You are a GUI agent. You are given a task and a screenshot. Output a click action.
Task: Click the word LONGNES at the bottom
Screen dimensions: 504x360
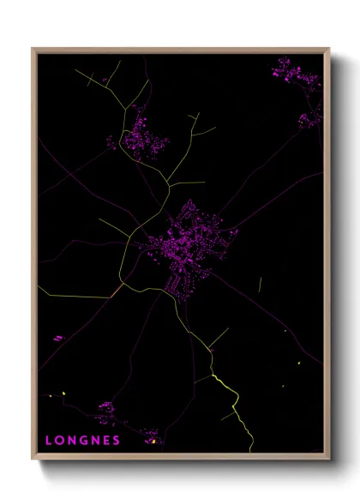point(82,441)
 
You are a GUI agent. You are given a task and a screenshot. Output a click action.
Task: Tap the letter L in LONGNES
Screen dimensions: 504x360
point(48,441)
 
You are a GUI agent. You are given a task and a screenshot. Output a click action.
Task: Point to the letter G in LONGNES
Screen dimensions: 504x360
point(82,441)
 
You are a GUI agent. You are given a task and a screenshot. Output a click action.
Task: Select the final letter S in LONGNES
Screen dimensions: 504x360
point(117,441)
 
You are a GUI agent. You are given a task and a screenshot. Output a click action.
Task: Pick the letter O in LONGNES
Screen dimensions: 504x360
point(59,441)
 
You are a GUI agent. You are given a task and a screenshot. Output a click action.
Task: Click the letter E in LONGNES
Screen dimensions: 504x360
point(105,441)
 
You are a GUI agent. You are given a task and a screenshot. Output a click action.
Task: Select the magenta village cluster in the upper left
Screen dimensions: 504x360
point(137,137)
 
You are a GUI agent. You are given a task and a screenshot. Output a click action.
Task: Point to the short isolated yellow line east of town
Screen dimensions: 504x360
point(260,284)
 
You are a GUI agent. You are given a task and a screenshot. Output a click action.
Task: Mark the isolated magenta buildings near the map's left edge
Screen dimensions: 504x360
point(57,339)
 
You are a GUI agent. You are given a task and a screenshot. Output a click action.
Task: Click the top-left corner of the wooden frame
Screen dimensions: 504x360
point(33,49)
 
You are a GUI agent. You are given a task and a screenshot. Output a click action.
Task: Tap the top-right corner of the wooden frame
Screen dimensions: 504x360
point(328,49)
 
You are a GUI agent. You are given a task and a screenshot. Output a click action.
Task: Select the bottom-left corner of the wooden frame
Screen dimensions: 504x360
point(33,459)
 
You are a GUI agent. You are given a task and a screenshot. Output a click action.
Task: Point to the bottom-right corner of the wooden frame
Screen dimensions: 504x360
point(328,459)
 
